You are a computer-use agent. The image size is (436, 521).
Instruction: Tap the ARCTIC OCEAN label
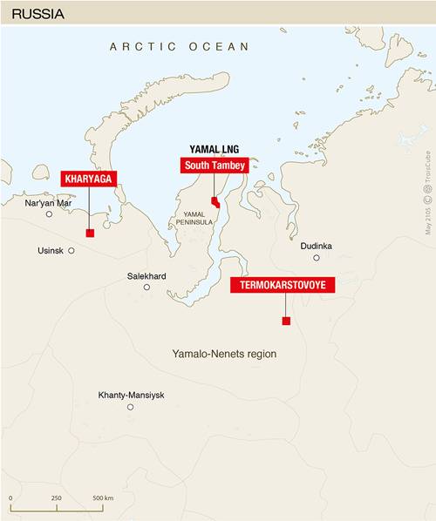pyautogui.click(x=180, y=46)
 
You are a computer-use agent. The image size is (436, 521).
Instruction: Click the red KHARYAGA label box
pyautogui.click(x=89, y=179)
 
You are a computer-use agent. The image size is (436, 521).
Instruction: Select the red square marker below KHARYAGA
pyautogui.click(x=90, y=233)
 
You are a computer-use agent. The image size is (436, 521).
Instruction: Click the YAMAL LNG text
pyautogui.click(x=215, y=150)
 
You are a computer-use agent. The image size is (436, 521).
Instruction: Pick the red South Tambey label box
pyautogui.click(x=215, y=165)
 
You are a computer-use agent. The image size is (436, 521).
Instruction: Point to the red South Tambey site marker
pyautogui.click(x=215, y=202)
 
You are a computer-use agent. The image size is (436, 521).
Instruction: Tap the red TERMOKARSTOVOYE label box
pyautogui.click(x=283, y=285)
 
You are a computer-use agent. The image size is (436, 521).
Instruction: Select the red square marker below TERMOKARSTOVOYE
pyautogui.click(x=286, y=321)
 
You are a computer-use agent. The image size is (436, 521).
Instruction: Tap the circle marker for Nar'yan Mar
pyautogui.click(x=49, y=213)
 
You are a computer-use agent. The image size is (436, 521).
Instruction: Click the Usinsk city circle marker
pyautogui.click(x=72, y=250)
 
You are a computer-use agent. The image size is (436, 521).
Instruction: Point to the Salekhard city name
pyautogui.click(x=146, y=276)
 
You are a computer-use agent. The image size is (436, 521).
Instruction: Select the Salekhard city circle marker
pyautogui.click(x=146, y=287)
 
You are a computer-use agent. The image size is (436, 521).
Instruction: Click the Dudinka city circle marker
pyautogui.click(x=317, y=258)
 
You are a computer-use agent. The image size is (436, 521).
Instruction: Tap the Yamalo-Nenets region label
pyautogui.click(x=230, y=355)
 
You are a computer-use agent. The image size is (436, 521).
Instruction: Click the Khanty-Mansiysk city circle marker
pyautogui.click(x=131, y=407)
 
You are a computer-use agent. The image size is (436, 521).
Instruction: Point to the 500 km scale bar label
pyautogui.click(x=103, y=497)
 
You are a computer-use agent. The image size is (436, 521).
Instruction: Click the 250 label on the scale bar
pyautogui.click(x=56, y=497)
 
